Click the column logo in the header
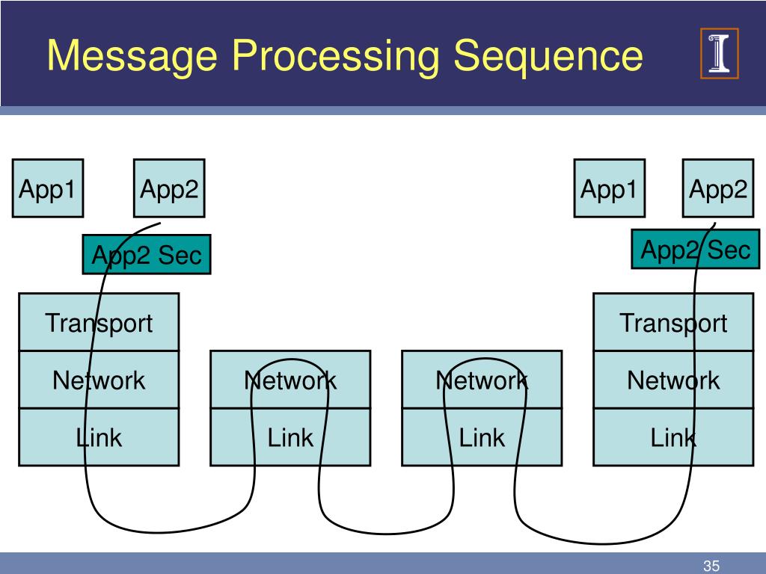tap(719, 53)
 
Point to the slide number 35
tap(711, 566)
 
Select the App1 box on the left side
tap(48, 188)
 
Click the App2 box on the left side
tap(169, 188)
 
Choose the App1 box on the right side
tap(609, 188)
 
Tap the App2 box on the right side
tap(717, 188)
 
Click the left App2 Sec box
tap(147, 254)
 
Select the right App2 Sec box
tap(696, 249)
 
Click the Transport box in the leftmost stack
tap(99, 321)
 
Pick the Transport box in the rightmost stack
tap(673, 321)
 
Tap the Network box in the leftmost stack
tap(99, 379)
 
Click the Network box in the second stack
tap(290, 379)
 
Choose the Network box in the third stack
tap(482, 379)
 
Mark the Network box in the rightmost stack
tap(673, 379)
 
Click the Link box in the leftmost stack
tap(99, 436)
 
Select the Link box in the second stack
tap(290, 436)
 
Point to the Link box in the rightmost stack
tap(673, 436)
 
